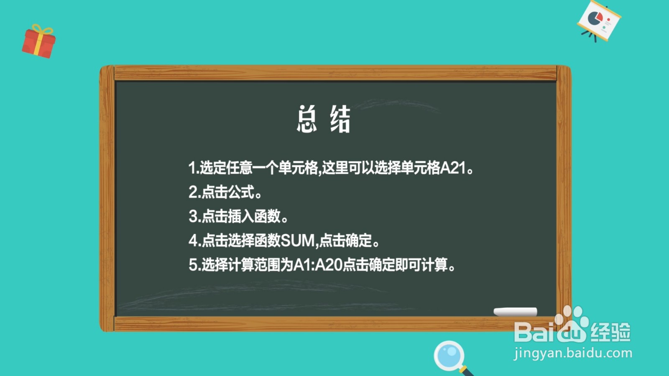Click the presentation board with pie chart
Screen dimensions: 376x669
[599, 20]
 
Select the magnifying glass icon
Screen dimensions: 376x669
[450, 356]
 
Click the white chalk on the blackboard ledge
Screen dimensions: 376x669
[515, 312]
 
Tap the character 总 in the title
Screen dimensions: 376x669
[306, 119]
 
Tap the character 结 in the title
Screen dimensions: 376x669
[340, 119]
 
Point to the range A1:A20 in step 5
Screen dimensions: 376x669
[318, 265]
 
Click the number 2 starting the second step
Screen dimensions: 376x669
[193, 192]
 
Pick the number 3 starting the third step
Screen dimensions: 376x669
[193, 216]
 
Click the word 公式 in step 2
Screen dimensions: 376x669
[241, 192]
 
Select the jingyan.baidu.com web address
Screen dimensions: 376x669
[573, 353]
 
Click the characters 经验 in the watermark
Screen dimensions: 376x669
[610, 332]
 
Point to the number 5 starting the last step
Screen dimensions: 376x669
[193, 265]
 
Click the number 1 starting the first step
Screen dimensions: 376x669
[192, 168]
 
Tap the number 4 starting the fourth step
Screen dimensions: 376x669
[193, 241]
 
